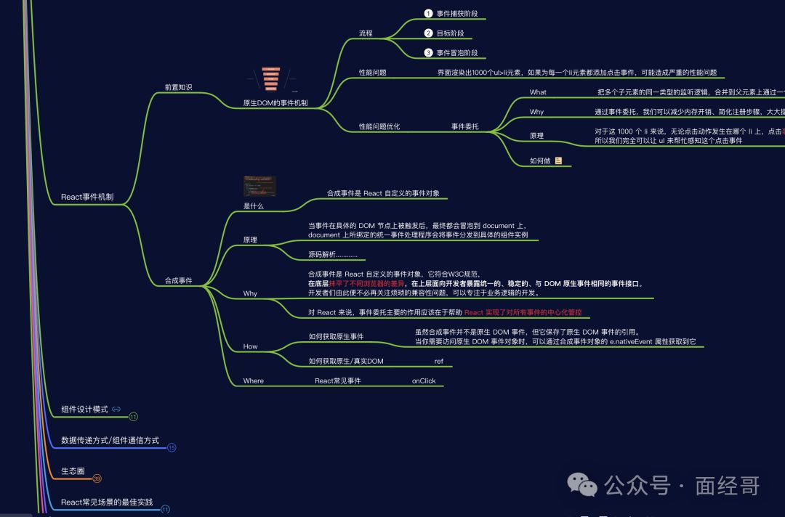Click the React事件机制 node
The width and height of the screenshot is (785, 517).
point(86,197)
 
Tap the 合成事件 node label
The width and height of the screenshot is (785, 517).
point(178,280)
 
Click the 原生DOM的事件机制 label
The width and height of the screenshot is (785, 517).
point(275,103)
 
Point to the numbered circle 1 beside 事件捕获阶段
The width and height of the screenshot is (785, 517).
point(428,14)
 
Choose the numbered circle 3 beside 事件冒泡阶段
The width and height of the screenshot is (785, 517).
point(428,53)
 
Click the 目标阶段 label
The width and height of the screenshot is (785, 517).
point(451,33)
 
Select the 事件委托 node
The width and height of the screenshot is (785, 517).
point(465,126)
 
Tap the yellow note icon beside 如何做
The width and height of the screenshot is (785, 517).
point(559,160)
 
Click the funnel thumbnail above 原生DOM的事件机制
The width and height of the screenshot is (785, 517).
point(270,79)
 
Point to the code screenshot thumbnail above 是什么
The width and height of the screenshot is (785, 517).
point(259,186)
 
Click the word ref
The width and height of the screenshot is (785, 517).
point(439,361)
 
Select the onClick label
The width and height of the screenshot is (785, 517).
point(424,380)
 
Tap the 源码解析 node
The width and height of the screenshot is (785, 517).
point(333,255)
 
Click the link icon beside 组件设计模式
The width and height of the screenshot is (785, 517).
point(116,409)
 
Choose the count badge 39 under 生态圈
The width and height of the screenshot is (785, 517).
point(97,479)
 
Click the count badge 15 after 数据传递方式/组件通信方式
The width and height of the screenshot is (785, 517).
point(172,447)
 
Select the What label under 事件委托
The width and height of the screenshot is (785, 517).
point(538,92)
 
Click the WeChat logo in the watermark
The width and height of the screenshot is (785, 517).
point(581,483)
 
